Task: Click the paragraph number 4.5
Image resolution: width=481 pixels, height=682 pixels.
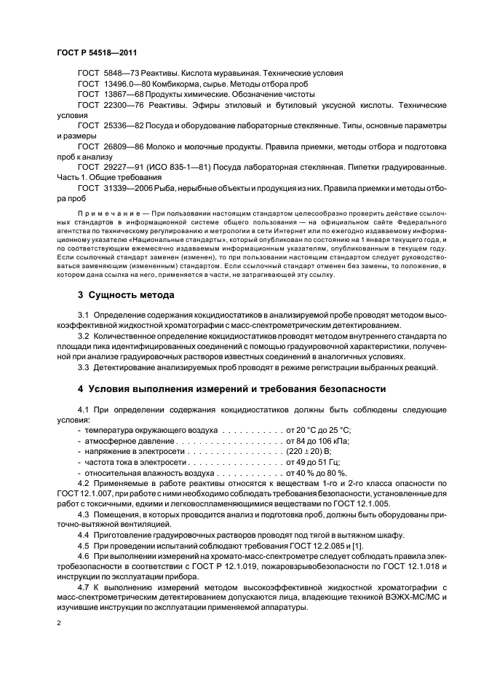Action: coord(83,544)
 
